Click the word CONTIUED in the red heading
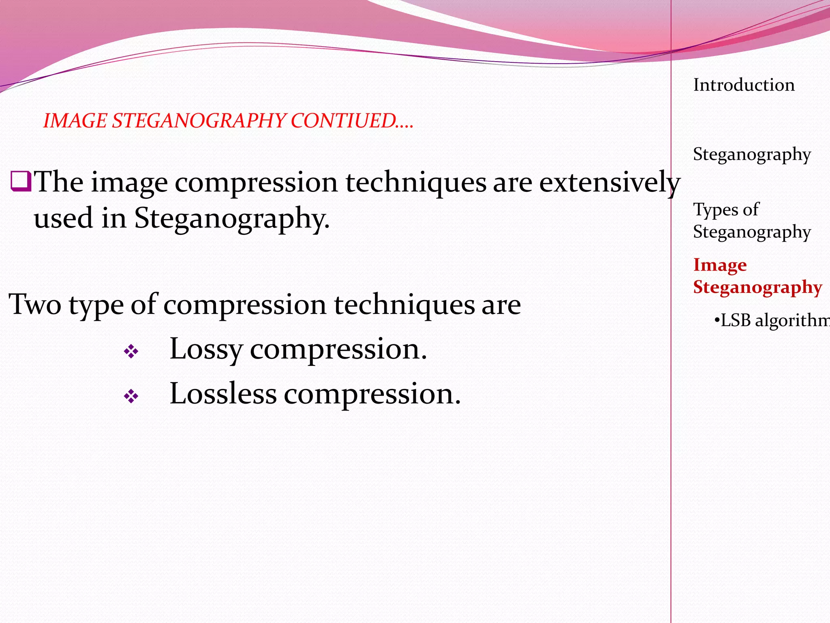pyautogui.click(x=344, y=121)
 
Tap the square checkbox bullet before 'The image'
pyautogui.click(x=21, y=181)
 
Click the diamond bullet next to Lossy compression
pyautogui.click(x=131, y=351)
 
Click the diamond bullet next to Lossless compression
pyautogui.click(x=131, y=396)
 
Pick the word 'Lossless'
pyautogui.click(x=223, y=393)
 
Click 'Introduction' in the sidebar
pyautogui.click(x=744, y=85)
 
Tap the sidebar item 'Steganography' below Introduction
pyautogui.click(x=752, y=155)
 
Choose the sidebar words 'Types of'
pyautogui.click(x=725, y=210)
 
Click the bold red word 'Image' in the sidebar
pyautogui.click(x=720, y=265)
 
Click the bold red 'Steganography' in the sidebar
pyautogui.click(x=757, y=288)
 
